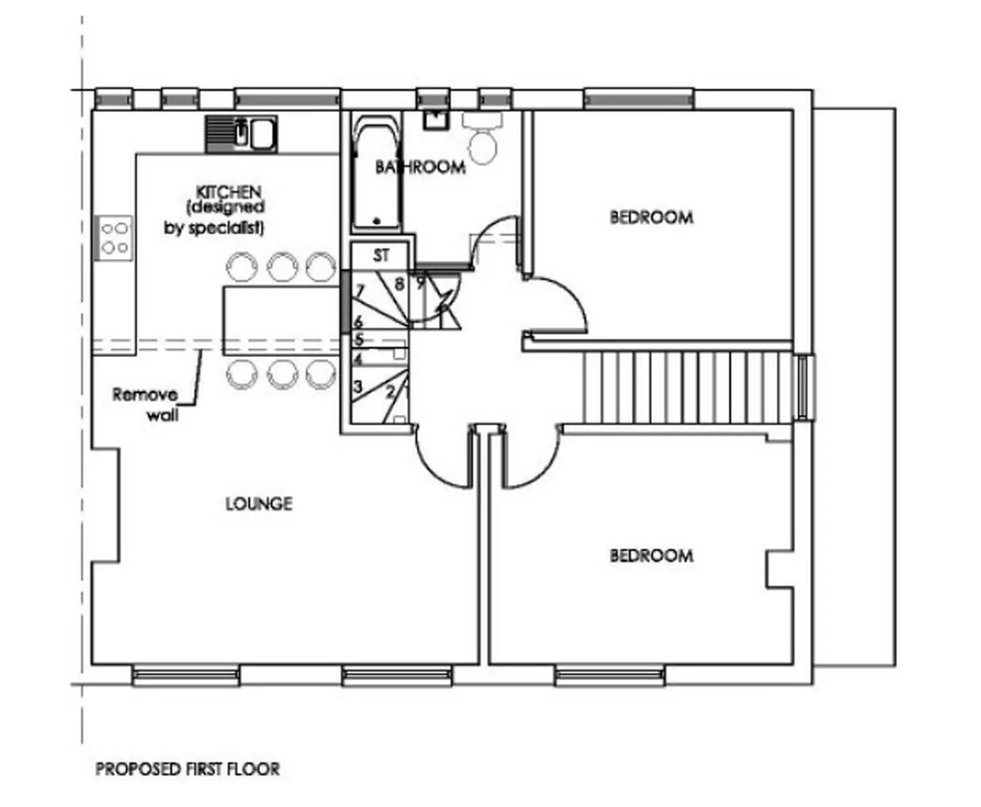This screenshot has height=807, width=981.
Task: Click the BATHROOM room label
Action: pos(420,167)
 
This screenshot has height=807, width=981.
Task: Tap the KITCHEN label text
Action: pos(228,191)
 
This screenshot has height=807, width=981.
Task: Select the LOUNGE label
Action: pos(259,503)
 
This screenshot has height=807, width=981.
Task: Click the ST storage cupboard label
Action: pos(381,255)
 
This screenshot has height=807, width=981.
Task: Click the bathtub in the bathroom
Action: pos(377,173)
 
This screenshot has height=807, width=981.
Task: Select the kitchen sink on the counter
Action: pos(241,134)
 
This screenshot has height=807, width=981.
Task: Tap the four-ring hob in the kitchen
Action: pos(114,238)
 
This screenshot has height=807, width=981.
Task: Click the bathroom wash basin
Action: pos(436,120)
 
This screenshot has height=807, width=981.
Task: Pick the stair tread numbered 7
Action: pos(359,291)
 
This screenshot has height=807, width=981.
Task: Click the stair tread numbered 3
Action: pos(357,386)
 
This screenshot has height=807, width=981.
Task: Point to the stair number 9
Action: pos(420,283)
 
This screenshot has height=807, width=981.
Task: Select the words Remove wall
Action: pos(145,404)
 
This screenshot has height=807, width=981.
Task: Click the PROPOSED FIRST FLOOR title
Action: pos(188,769)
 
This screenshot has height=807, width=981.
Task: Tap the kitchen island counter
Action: pos(281,321)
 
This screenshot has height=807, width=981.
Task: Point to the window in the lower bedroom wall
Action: pos(610,676)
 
